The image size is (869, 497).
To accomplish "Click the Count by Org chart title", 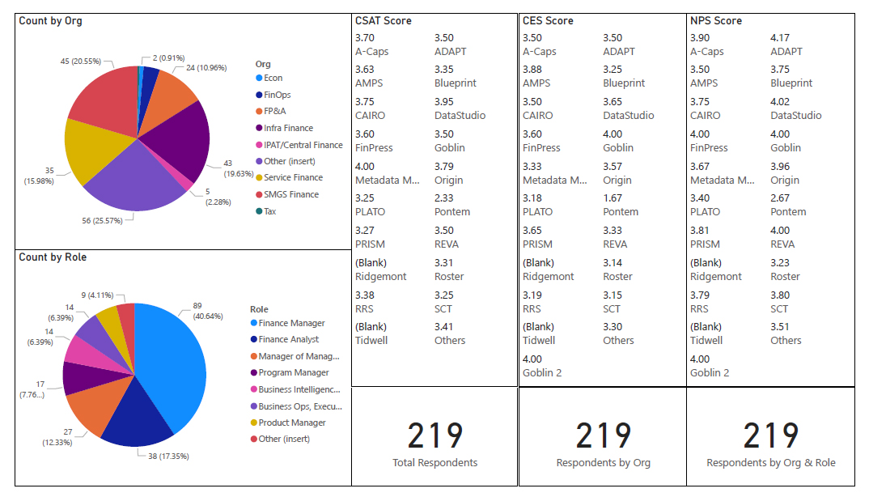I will (x=50, y=21).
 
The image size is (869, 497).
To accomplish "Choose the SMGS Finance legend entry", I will (x=291, y=194).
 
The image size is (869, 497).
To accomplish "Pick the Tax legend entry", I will (x=271, y=210).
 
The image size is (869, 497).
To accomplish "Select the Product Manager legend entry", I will (x=292, y=423).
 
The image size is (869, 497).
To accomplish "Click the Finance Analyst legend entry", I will (x=288, y=340).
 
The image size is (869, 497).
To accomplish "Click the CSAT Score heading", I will (x=383, y=21).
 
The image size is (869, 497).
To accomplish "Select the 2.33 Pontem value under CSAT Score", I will (x=443, y=198).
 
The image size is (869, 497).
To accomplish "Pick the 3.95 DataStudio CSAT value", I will (x=444, y=102).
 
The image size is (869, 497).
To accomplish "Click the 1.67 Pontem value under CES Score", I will (x=613, y=198).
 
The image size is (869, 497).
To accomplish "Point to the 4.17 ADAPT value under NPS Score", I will (x=780, y=38).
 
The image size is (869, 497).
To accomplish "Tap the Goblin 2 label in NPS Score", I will (x=710, y=372).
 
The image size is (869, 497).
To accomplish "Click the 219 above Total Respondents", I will (x=435, y=435).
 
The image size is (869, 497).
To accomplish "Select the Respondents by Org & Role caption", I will (x=771, y=463).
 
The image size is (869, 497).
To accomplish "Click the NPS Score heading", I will (x=715, y=21).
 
